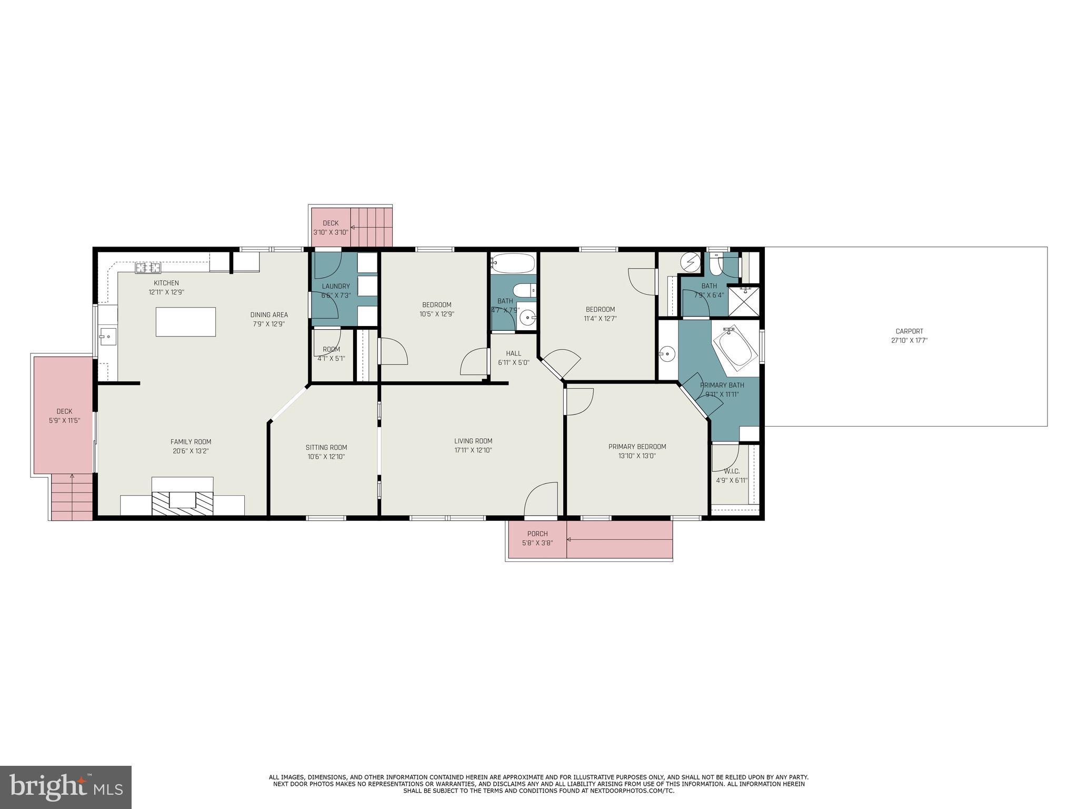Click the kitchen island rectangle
(x=186, y=322)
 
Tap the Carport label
(x=909, y=331)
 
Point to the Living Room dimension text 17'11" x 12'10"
(x=473, y=450)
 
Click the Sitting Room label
(x=326, y=448)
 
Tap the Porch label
(x=537, y=534)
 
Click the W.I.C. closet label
(x=732, y=471)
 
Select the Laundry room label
(x=336, y=287)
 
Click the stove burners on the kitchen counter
(x=148, y=268)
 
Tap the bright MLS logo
(x=66, y=787)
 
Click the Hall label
(x=514, y=353)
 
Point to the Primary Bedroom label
(x=637, y=447)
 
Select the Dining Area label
(x=269, y=315)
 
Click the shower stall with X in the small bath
(x=744, y=301)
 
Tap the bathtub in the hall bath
(x=513, y=263)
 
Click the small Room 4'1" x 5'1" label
(x=332, y=349)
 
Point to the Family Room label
(x=191, y=442)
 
